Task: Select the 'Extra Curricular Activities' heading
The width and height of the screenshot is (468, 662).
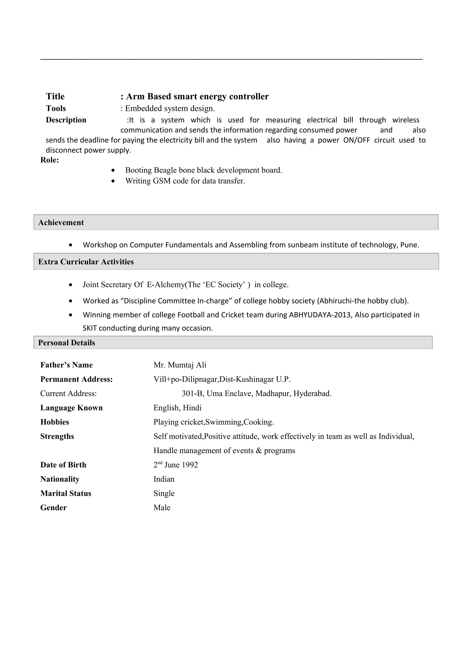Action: click(x=86, y=262)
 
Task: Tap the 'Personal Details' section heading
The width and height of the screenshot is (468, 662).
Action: click(x=66, y=343)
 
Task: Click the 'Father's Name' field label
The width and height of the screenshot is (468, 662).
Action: click(x=66, y=365)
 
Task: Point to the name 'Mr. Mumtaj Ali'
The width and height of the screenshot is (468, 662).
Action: click(x=180, y=365)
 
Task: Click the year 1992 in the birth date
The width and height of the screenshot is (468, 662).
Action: click(x=189, y=465)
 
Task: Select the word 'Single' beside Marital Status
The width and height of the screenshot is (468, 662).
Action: click(x=164, y=493)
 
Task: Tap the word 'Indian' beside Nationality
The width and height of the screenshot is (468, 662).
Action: click(x=164, y=479)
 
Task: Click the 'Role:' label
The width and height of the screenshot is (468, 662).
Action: click(x=50, y=160)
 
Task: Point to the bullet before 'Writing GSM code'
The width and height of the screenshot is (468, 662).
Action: click(x=113, y=181)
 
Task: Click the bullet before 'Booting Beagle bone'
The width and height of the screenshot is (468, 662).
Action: click(x=113, y=170)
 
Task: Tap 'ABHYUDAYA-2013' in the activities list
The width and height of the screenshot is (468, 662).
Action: click(x=320, y=315)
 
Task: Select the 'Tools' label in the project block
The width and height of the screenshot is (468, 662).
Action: click(x=56, y=109)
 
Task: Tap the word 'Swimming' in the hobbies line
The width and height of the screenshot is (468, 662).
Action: click(x=224, y=422)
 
